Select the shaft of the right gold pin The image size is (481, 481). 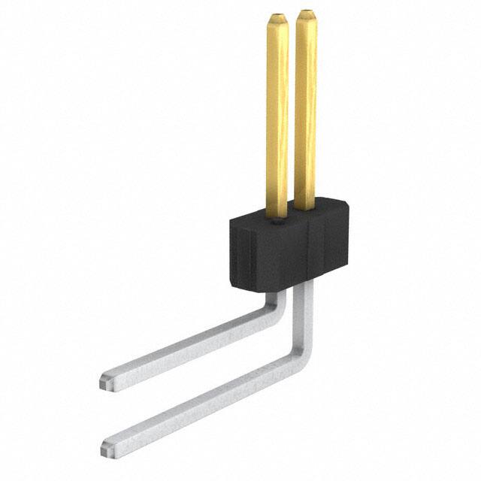coord(305,113)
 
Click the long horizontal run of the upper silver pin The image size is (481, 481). coord(188,347)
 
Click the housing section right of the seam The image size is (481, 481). coord(331,248)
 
